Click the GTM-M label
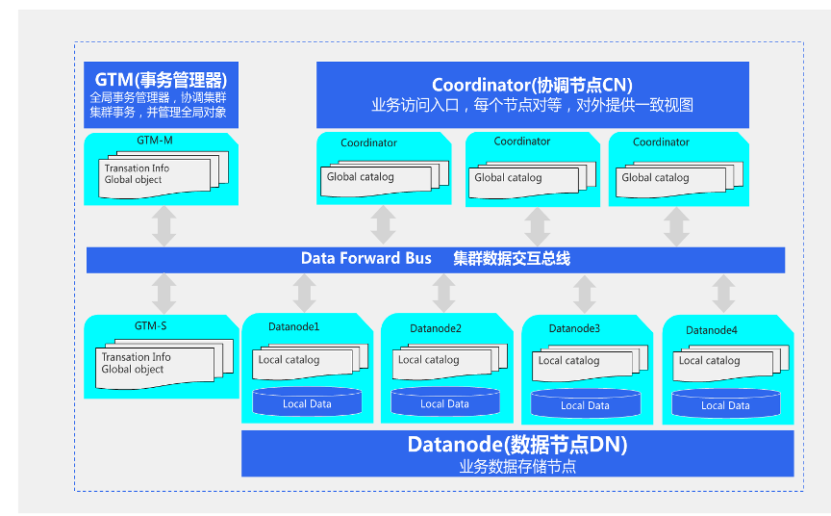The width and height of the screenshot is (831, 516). coord(155,140)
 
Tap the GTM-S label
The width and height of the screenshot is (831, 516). coord(151,325)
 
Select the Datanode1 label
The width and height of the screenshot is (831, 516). coord(293,326)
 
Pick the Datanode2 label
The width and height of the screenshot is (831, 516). coord(436,328)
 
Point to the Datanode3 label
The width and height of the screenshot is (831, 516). coord(574,328)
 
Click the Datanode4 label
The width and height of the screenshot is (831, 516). coord(712,330)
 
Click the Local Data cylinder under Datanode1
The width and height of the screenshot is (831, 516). coord(307,403)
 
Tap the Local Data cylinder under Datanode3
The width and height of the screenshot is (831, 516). coord(585,404)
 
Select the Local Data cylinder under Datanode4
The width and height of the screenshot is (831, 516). coord(725,404)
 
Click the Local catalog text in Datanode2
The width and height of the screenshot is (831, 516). coord(429,360)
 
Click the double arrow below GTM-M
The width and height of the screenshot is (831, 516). coord(164,225)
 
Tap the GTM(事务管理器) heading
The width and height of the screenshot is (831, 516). coord(161,79)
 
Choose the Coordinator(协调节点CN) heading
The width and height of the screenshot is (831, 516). coord(532,85)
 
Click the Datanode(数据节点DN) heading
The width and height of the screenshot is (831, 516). coord(517,445)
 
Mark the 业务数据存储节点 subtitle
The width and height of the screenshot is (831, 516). coord(517,467)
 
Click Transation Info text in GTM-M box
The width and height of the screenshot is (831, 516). coord(137,168)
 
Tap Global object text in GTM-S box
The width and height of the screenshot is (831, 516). coord(132,369)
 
